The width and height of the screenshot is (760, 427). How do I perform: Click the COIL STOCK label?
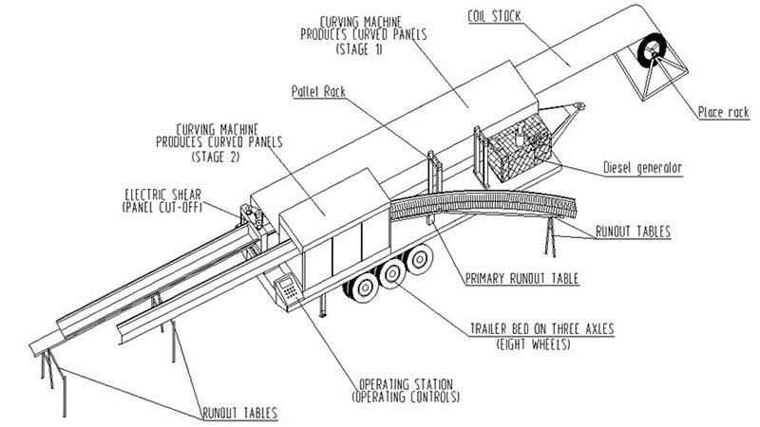[x=494, y=16]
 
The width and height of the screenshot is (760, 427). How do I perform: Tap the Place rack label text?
[x=724, y=112]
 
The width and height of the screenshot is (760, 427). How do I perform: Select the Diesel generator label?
[x=643, y=168]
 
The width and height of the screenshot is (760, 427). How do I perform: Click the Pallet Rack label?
[x=318, y=91]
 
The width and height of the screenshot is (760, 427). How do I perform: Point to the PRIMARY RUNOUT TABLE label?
[x=522, y=278]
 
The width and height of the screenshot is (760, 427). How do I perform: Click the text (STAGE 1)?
[x=359, y=49]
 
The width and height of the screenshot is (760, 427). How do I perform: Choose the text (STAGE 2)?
[x=216, y=157]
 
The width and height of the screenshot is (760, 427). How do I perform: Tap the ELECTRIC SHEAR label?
[x=162, y=195]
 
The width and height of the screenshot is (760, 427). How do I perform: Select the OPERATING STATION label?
[x=406, y=384]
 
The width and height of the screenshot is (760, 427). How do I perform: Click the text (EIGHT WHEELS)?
[x=533, y=344]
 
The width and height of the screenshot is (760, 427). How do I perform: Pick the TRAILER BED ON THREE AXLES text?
[x=541, y=329]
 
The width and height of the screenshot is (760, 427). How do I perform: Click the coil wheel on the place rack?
[x=652, y=50]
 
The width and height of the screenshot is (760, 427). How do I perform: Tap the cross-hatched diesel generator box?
[x=519, y=146]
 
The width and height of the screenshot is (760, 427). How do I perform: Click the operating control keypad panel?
[x=288, y=288]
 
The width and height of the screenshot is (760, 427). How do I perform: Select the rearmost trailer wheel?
[x=419, y=259]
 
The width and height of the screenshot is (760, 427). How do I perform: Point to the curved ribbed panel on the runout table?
[x=484, y=204]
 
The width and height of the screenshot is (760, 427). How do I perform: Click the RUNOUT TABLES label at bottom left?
[x=240, y=413]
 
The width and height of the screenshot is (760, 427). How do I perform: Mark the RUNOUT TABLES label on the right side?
[x=633, y=232]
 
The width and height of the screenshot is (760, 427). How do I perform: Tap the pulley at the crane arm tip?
[x=579, y=105]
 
